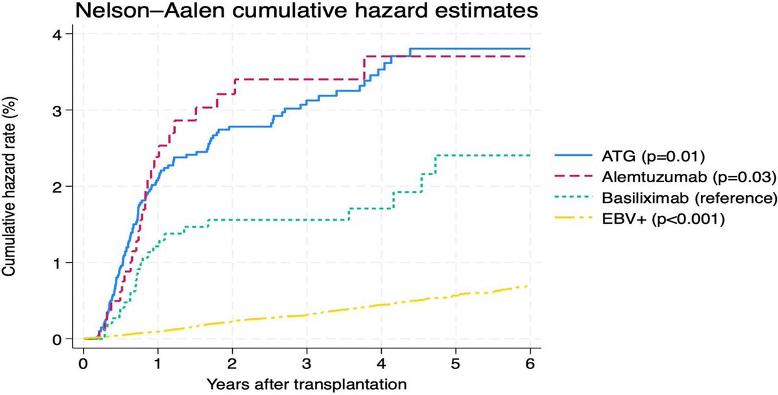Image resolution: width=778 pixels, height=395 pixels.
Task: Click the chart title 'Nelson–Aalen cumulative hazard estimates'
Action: point(307,12)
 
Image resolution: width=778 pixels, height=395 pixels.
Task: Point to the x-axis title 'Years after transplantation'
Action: point(307,383)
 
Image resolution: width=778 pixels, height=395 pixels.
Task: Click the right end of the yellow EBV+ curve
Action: point(529,286)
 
